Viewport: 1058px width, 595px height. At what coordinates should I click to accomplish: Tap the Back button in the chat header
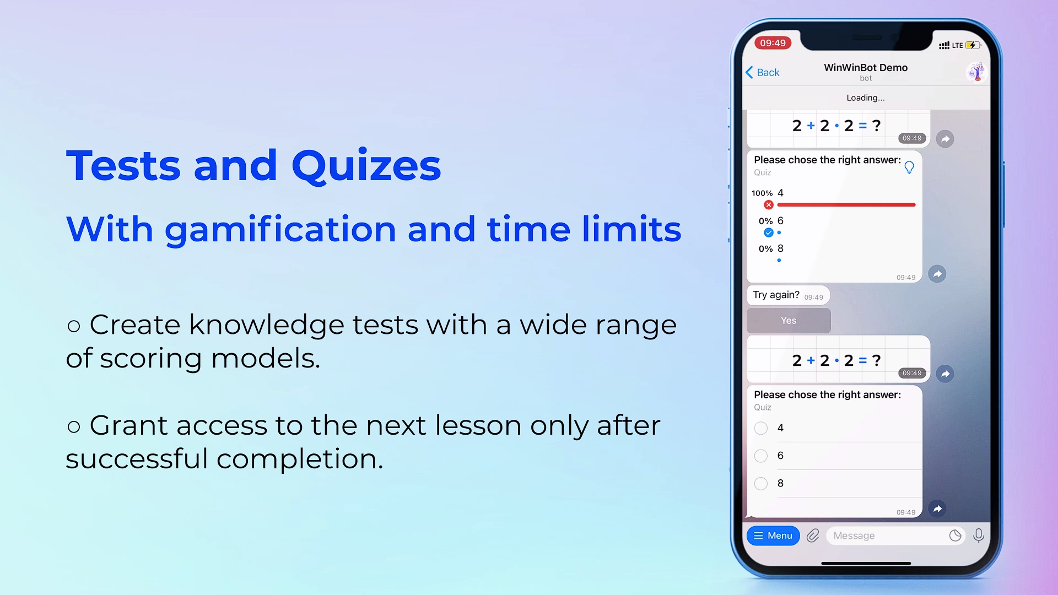click(x=763, y=73)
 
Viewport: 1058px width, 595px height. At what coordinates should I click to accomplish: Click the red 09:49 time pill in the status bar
click(x=773, y=43)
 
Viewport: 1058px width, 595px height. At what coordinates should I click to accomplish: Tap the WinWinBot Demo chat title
click(x=866, y=68)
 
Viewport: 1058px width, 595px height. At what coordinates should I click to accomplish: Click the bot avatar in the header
click(x=977, y=72)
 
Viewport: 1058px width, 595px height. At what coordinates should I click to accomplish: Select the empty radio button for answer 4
click(x=761, y=428)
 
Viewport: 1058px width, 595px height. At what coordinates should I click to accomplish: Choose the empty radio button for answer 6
click(x=761, y=456)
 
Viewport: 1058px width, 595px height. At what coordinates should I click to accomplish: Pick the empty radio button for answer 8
click(x=761, y=484)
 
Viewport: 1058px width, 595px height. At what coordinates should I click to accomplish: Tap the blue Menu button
click(x=773, y=535)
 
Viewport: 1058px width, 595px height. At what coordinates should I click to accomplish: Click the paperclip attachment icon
click(x=813, y=535)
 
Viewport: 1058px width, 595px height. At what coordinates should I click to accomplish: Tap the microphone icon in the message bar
click(x=979, y=535)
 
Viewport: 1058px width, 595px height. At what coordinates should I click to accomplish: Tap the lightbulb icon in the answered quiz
click(x=909, y=167)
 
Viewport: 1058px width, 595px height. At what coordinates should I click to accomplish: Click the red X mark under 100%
click(x=769, y=205)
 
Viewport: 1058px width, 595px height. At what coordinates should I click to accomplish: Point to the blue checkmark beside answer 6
click(x=769, y=232)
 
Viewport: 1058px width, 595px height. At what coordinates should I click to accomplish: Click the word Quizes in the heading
click(x=366, y=166)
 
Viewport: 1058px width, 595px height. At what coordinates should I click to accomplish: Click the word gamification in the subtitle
click(x=280, y=230)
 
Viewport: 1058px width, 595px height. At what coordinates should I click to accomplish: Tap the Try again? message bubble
click(x=789, y=295)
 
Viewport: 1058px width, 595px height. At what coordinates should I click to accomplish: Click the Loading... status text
click(x=866, y=98)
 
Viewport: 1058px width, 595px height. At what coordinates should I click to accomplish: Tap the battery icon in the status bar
click(x=973, y=45)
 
